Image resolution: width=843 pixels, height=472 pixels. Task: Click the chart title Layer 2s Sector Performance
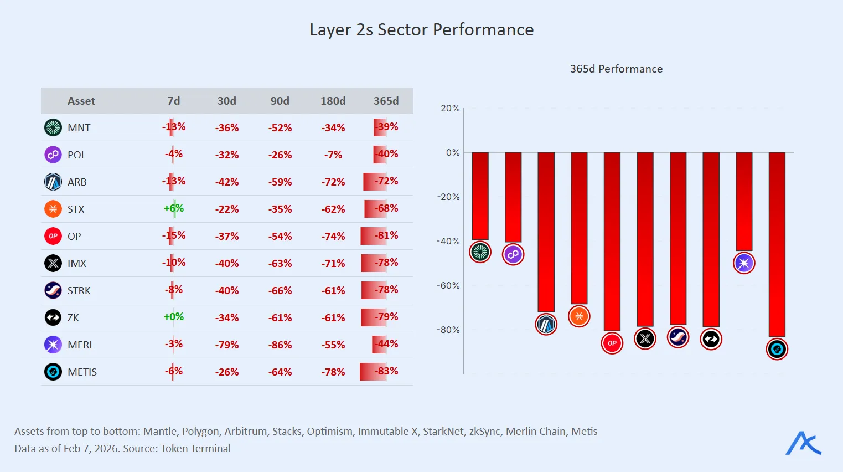421,30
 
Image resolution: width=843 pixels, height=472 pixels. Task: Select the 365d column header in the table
386,101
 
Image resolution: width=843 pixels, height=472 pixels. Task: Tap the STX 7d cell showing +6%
174,208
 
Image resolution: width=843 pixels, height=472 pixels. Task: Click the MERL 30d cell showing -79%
227,345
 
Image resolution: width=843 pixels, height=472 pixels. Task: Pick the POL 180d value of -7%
333,155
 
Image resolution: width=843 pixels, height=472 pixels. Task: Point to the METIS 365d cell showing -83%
386,371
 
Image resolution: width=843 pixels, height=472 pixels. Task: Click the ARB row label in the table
77,182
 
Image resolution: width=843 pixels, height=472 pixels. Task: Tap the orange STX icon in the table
53,209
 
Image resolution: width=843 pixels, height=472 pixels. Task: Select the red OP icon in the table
53,236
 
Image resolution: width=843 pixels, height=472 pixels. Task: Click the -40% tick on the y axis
448,241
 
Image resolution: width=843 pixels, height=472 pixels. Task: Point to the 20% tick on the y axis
450,108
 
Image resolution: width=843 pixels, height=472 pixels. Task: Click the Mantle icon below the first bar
480,252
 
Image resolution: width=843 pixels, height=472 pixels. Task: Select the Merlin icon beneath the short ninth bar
744,263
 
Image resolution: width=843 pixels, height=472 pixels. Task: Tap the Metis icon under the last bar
777,350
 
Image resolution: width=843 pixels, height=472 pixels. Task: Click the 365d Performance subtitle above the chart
616,69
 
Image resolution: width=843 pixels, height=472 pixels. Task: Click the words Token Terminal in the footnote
195,448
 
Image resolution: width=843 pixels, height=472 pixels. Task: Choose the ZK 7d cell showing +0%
174,317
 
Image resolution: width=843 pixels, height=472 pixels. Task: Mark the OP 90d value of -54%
280,236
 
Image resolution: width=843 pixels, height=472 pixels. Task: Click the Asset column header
81,101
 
